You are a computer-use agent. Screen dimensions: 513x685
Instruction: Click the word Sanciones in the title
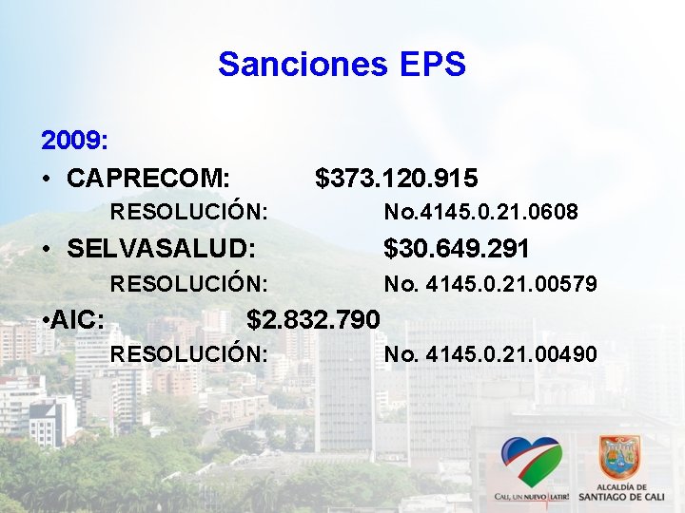(x=303, y=65)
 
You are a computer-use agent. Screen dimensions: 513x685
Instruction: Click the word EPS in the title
(x=430, y=65)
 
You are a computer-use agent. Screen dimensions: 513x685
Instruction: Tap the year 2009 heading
(x=74, y=142)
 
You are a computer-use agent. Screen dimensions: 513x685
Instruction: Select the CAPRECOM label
(x=148, y=178)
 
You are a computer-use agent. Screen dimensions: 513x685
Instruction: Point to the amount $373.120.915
(x=397, y=178)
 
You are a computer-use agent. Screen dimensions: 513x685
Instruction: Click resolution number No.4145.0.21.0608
(x=480, y=212)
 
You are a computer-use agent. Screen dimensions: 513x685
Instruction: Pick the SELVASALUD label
(x=162, y=249)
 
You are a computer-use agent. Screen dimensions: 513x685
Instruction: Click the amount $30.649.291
(x=456, y=249)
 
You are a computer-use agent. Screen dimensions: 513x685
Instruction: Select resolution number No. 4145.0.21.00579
(x=490, y=284)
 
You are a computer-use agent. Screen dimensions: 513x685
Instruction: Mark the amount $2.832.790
(x=313, y=319)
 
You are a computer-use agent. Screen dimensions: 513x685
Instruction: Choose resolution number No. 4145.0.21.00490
(x=490, y=354)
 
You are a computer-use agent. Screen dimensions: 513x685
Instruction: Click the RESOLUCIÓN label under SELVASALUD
(x=188, y=284)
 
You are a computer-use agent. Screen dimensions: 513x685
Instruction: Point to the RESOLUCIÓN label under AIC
(x=188, y=354)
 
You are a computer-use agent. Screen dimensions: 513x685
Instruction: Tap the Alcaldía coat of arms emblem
(x=619, y=457)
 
